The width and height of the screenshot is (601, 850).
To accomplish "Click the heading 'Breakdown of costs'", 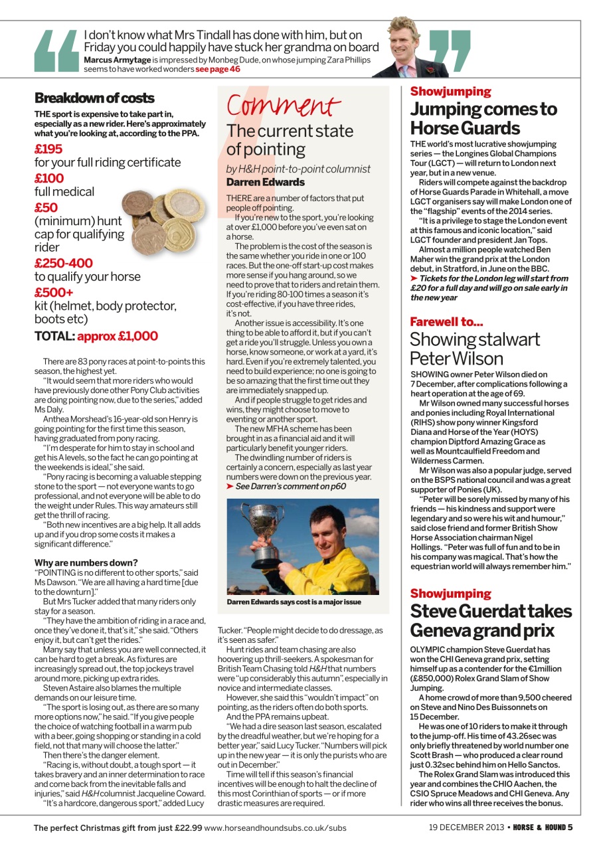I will [94, 98].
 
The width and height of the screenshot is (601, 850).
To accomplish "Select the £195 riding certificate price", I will [48, 149].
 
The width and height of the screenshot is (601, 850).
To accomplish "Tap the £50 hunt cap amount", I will [46, 207].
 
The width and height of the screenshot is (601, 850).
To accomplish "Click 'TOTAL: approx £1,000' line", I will [96, 336].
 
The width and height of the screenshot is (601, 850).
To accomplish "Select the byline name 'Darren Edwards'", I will [266, 181].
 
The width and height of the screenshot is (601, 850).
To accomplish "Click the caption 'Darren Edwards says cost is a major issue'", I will [294, 602].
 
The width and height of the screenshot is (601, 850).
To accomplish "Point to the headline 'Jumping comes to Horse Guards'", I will [483, 118].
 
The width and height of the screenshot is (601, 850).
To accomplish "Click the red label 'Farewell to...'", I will [446, 322].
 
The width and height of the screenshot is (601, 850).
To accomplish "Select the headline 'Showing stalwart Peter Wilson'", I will [475, 349].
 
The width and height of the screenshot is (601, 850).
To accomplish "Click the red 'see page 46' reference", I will [218, 69].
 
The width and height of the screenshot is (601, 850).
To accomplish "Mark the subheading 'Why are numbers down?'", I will [86, 562].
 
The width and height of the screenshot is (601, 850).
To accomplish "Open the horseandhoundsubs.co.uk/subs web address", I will [275, 827].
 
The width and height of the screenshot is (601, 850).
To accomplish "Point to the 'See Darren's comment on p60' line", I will [290, 486].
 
